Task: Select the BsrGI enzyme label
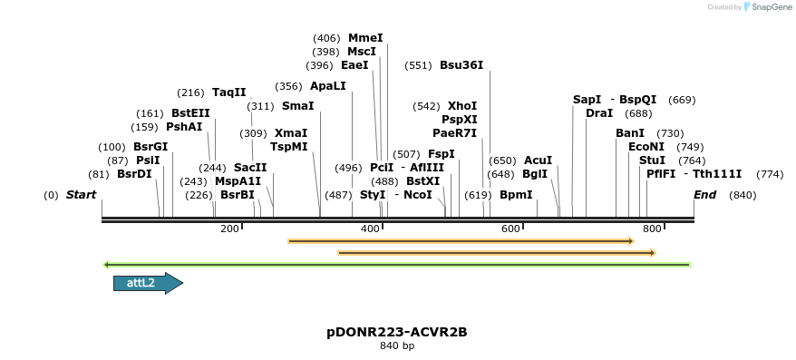150,147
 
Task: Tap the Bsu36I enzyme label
461,65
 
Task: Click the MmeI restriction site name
365,38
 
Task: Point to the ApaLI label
327,87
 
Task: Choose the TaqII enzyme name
228,92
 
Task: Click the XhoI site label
462,106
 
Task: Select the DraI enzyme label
599,113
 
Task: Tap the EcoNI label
646,147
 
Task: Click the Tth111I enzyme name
718,174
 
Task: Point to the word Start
81,195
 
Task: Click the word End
704,195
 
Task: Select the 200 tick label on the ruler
229,229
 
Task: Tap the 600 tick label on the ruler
510,229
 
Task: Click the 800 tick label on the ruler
651,229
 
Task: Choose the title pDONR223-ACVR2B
397,332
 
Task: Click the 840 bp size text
397,346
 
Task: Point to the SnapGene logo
766,7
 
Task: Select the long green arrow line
397,265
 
